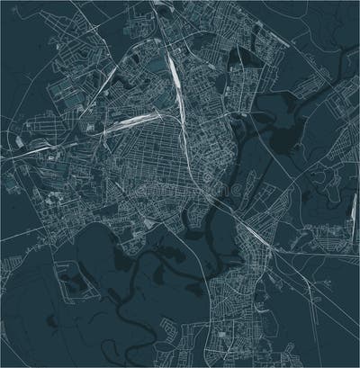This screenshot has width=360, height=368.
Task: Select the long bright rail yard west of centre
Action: click(x=126, y=121)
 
